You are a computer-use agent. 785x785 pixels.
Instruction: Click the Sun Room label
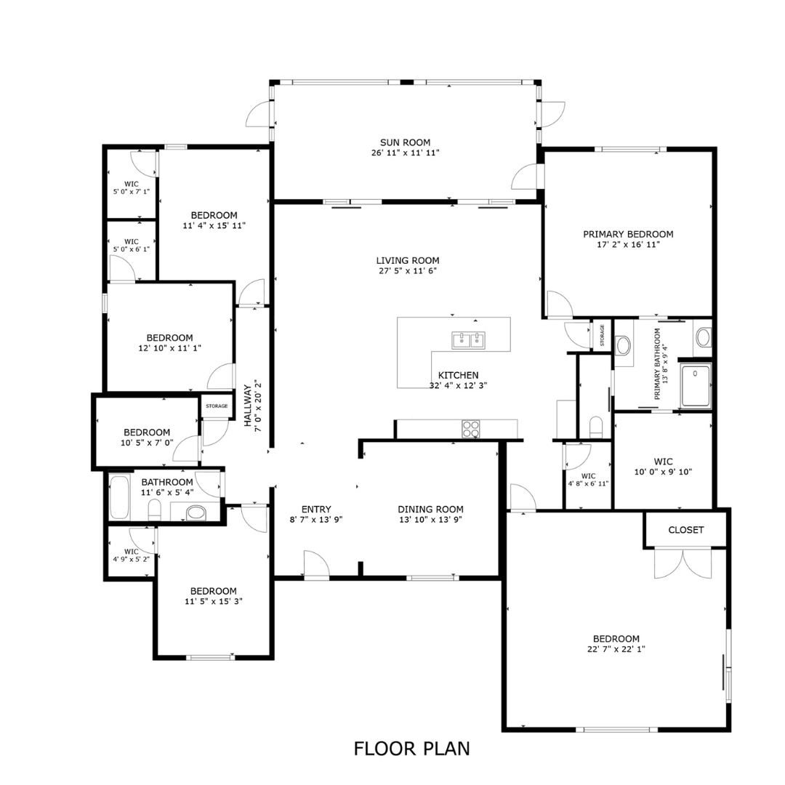pyautogui.click(x=405, y=142)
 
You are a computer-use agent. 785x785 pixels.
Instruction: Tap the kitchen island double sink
pyautogui.click(x=469, y=339)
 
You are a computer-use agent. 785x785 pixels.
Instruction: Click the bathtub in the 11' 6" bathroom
pyautogui.click(x=119, y=497)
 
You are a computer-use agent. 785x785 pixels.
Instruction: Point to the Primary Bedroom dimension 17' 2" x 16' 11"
pyautogui.click(x=628, y=245)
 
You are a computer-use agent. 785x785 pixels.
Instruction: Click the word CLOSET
pyautogui.click(x=685, y=530)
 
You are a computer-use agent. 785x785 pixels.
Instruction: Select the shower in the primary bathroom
pyautogui.click(x=696, y=386)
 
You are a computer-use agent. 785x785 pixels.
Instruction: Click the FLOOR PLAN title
pyautogui.click(x=411, y=748)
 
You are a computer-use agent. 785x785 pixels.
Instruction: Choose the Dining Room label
pyautogui.click(x=430, y=510)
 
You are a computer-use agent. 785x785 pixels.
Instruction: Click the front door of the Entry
pyautogui.click(x=315, y=565)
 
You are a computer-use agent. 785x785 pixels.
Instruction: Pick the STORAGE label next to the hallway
pyautogui.click(x=217, y=406)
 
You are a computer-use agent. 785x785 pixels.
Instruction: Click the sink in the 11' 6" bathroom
pyautogui.click(x=196, y=513)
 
